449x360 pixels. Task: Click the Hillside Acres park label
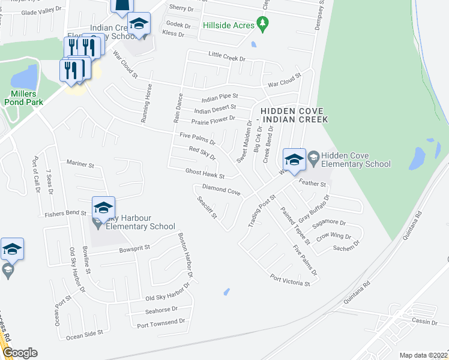[229, 25]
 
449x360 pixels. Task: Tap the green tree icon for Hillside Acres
[262, 24]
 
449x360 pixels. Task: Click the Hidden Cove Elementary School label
[356, 160]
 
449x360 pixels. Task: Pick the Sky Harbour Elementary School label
[140, 222]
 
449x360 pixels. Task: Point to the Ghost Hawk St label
[205, 174]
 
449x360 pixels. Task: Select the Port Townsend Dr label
[161, 324]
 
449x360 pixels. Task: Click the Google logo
[20, 353]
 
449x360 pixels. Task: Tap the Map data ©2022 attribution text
[423, 355]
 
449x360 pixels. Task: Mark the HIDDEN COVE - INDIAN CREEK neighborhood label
[294, 116]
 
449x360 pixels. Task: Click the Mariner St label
[81, 164]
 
